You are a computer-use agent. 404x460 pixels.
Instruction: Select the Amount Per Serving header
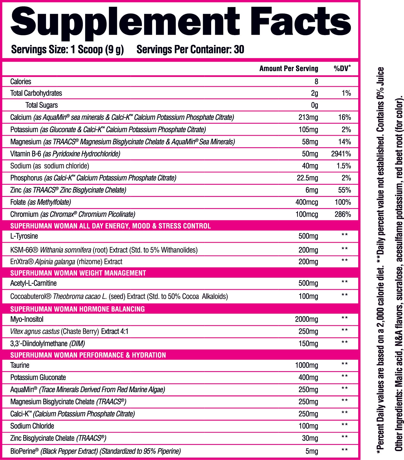click(288, 69)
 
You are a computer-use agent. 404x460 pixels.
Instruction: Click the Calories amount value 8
click(316, 82)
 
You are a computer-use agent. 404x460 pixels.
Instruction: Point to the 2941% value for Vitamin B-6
click(341, 154)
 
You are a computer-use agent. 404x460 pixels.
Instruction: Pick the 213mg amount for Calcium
click(308, 117)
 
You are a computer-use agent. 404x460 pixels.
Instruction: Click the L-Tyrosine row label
click(24, 236)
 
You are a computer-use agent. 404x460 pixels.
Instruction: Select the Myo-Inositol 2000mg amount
click(306, 319)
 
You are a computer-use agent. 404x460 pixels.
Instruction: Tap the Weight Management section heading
click(78, 273)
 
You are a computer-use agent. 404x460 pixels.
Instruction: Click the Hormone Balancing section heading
click(77, 309)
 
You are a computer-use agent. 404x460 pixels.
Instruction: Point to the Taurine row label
click(20, 365)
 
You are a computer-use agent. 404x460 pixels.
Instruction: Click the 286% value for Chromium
click(343, 214)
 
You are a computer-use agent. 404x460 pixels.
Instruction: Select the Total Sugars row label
click(41, 105)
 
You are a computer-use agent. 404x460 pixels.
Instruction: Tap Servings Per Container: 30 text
click(190, 50)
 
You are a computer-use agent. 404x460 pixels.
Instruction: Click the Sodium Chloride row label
click(32, 426)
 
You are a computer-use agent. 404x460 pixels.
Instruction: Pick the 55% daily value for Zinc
click(344, 190)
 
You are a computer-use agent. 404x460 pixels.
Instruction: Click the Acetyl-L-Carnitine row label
click(33, 283)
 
